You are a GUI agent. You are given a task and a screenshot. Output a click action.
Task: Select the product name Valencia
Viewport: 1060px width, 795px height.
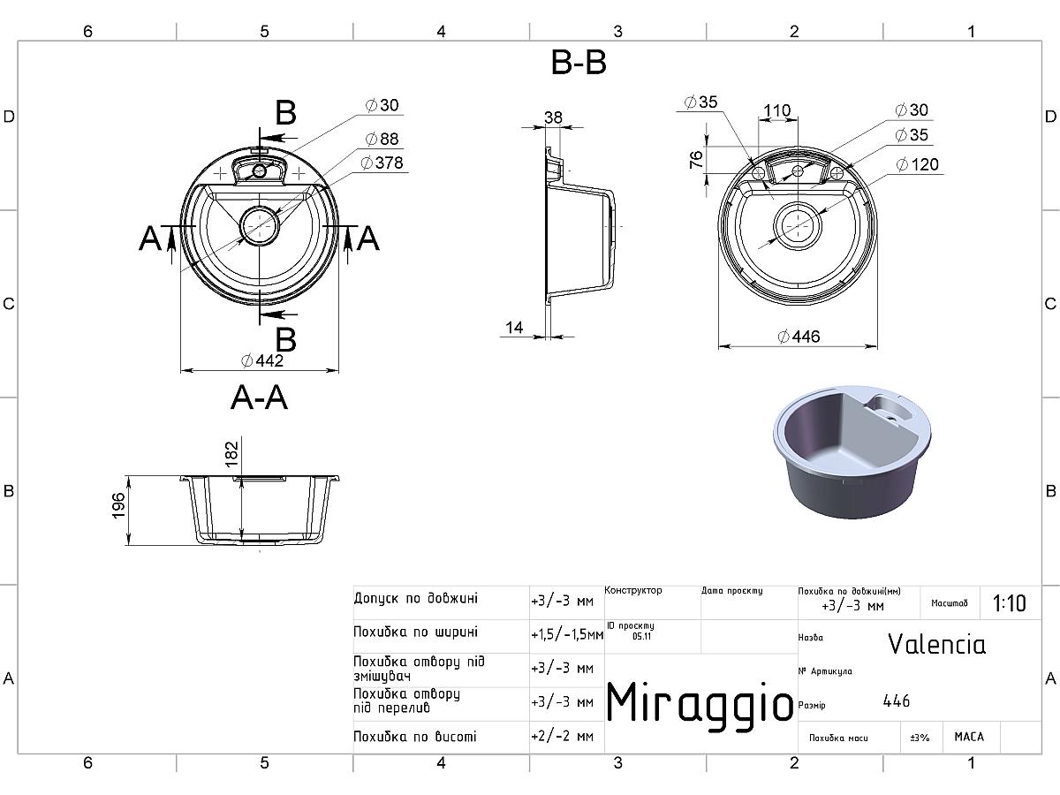click(937, 644)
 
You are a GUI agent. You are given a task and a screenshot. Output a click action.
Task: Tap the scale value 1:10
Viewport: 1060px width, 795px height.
click(1009, 603)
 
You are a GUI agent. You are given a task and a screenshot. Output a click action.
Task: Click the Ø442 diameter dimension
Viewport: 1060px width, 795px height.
click(261, 360)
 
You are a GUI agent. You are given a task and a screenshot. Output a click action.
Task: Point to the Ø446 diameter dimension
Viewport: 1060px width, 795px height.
click(799, 337)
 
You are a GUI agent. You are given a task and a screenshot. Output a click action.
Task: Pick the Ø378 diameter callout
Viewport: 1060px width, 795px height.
click(382, 163)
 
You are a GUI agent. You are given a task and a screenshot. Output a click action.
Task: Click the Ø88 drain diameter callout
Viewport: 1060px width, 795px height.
click(382, 139)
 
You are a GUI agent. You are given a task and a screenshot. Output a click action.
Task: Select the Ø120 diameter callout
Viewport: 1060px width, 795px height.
click(917, 164)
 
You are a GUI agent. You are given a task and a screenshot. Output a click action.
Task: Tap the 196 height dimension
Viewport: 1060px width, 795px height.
click(118, 505)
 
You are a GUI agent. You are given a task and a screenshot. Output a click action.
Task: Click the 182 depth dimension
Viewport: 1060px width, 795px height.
click(231, 454)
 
